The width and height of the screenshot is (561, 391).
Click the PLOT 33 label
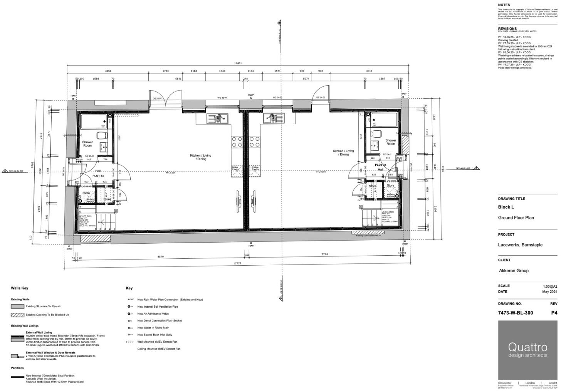[98, 176]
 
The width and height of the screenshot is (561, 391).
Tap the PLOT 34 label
[381, 165]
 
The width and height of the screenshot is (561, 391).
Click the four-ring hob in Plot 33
[237, 142]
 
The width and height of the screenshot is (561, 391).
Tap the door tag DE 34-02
[321, 98]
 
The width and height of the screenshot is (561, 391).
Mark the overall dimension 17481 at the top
[238, 63]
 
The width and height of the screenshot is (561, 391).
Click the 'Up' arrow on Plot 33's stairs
[100, 222]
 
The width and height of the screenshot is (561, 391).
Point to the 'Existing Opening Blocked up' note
[368, 236]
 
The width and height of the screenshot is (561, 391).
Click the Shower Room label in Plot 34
[391, 142]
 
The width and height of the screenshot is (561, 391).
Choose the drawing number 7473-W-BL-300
[516, 313]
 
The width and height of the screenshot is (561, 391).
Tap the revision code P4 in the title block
[554, 313]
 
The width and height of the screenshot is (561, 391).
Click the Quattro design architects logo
[527, 349]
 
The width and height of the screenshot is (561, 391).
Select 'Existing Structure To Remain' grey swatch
[18, 307]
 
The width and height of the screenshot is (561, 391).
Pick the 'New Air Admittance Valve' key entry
[153, 314]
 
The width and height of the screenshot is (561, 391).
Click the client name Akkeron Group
[514, 271]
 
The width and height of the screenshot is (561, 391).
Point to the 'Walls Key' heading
[20, 288]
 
